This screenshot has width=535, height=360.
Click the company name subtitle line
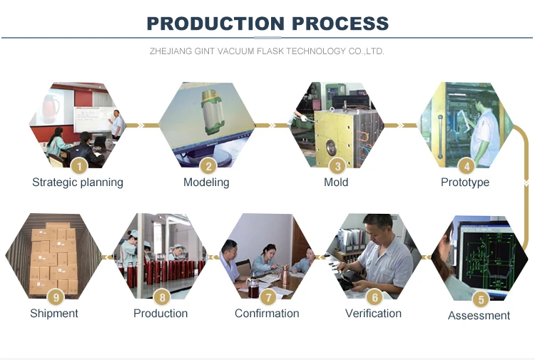click(267, 51)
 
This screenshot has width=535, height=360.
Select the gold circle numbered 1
click(79, 166)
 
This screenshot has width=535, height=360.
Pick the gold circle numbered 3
click(337, 166)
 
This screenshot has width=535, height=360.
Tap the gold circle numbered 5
click(480, 299)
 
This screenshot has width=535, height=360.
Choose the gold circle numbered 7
click(267, 297)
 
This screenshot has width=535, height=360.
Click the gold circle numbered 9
click(54, 297)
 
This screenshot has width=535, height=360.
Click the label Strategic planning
click(78, 182)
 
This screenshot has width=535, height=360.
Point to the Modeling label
click(206, 182)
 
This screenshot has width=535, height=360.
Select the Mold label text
click(336, 182)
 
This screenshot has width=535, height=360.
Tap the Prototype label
click(465, 182)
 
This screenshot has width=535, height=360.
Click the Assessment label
click(479, 316)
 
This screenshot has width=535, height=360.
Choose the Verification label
click(373, 314)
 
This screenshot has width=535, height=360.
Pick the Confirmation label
click(267, 314)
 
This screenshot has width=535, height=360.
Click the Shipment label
click(54, 314)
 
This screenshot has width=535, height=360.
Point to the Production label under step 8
click(160, 314)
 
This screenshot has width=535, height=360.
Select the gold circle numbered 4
click(466, 166)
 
